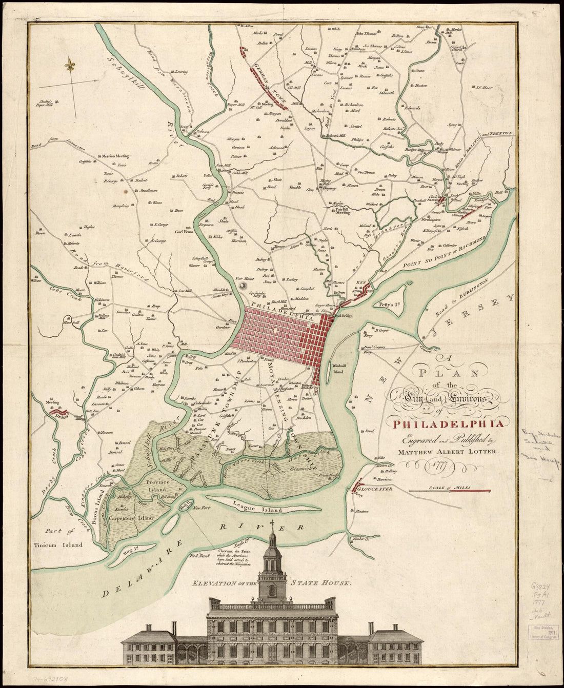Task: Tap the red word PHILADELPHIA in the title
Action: point(440,423)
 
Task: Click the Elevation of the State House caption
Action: point(272,583)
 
